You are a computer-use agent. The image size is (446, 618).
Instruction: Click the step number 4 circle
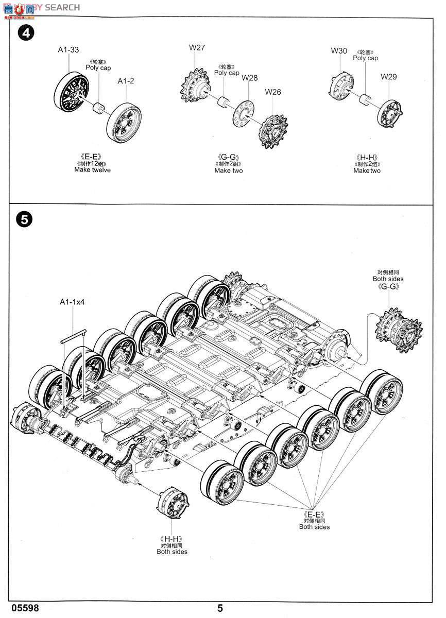pyautogui.click(x=25, y=33)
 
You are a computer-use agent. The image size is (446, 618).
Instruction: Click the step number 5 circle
pyautogui.click(x=24, y=219)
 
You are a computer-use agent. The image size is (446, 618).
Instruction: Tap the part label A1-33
pyautogui.click(x=68, y=50)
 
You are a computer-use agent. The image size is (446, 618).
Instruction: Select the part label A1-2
pyautogui.click(x=126, y=81)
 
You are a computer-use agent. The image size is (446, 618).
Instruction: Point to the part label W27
pyautogui.click(x=197, y=48)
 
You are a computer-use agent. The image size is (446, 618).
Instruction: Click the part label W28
pyautogui.click(x=249, y=78)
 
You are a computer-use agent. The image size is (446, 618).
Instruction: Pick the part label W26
pyautogui.click(x=273, y=92)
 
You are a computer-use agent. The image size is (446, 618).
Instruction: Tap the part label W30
pyautogui.click(x=339, y=50)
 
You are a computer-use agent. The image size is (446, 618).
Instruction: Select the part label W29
pyautogui.click(x=389, y=77)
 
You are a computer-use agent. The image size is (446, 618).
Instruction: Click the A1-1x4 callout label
pyautogui.click(x=72, y=302)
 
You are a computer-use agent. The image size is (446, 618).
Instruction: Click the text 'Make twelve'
pyautogui.click(x=92, y=170)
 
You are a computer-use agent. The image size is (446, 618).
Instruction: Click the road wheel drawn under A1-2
pyautogui.click(x=125, y=123)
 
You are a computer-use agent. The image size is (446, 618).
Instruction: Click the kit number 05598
pyautogui.click(x=24, y=608)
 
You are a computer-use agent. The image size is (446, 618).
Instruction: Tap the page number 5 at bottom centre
pyautogui.click(x=220, y=608)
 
